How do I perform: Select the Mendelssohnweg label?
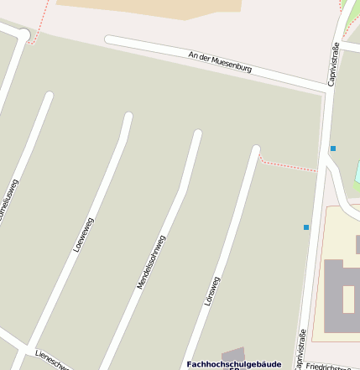[152, 262]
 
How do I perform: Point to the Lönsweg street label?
[212, 290]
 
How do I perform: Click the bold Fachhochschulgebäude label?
[233, 364]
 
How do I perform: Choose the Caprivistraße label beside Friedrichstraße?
[300, 348]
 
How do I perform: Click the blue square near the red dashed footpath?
[333, 149]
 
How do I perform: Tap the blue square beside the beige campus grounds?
[306, 227]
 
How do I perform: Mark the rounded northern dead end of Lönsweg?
[256, 151]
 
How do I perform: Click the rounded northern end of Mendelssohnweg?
[198, 134]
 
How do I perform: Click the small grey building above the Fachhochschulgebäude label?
[233, 354]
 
